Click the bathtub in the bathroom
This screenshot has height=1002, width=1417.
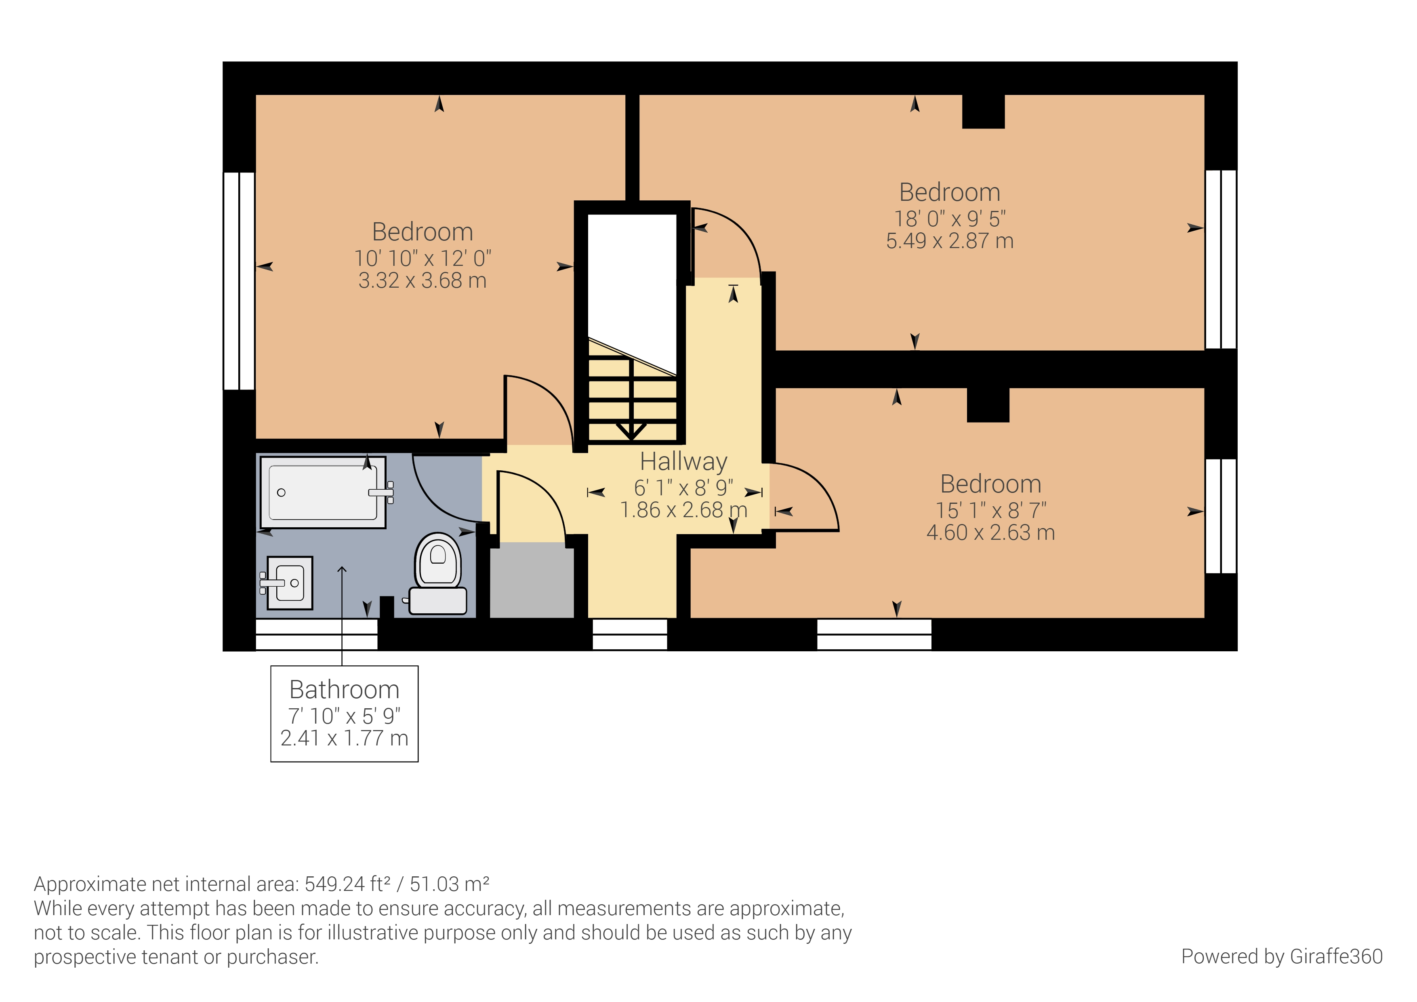click(x=322, y=492)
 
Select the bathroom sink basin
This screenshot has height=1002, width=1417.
click(x=290, y=582)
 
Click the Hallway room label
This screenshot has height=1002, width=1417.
click(x=683, y=461)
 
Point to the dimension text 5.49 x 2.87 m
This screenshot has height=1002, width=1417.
click(x=949, y=241)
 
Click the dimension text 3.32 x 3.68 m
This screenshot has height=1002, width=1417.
click(x=422, y=281)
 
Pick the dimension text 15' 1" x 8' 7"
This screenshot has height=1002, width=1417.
click(x=990, y=511)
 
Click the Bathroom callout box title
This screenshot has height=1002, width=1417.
click(x=345, y=690)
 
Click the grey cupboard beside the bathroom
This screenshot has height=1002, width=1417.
click(x=532, y=580)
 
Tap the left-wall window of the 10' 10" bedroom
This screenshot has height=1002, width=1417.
click(x=239, y=281)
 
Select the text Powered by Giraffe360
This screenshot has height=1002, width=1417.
click(x=1281, y=956)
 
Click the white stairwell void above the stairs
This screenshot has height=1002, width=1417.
click(x=632, y=272)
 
